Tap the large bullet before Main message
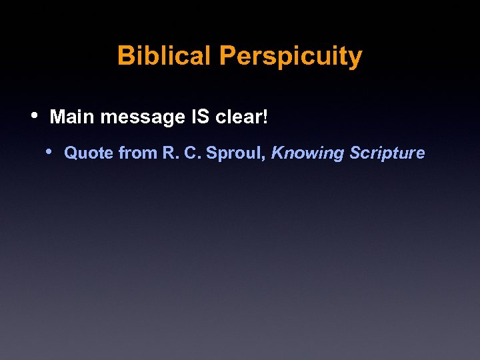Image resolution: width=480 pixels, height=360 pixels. pyautogui.click(x=35, y=115)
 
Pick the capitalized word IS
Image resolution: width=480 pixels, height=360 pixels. pyautogui.click(x=200, y=117)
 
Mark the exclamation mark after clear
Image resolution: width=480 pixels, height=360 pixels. pyautogui.click(x=265, y=117)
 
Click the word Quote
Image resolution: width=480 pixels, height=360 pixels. pyautogui.click(x=89, y=153)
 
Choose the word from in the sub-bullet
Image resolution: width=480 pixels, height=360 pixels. pyautogui.click(x=138, y=153)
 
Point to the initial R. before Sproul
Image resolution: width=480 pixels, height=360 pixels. pyautogui.click(x=169, y=153)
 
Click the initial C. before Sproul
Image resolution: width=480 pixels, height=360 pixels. pyautogui.click(x=191, y=153)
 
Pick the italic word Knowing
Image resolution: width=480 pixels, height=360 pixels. pyautogui.click(x=307, y=154)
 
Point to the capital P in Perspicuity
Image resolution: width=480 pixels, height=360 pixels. pyautogui.click(x=227, y=56)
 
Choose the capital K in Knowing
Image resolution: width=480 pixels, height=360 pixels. pyautogui.click(x=277, y=153)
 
